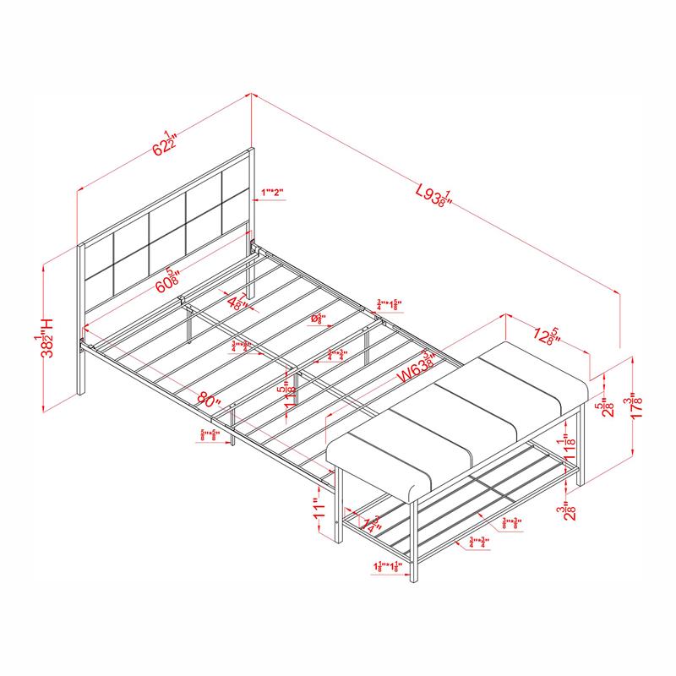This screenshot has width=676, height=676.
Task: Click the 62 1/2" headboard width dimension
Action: coord(164,144)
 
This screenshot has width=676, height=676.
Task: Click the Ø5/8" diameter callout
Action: coord(319,319)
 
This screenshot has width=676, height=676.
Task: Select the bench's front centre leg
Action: coord(415,542)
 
